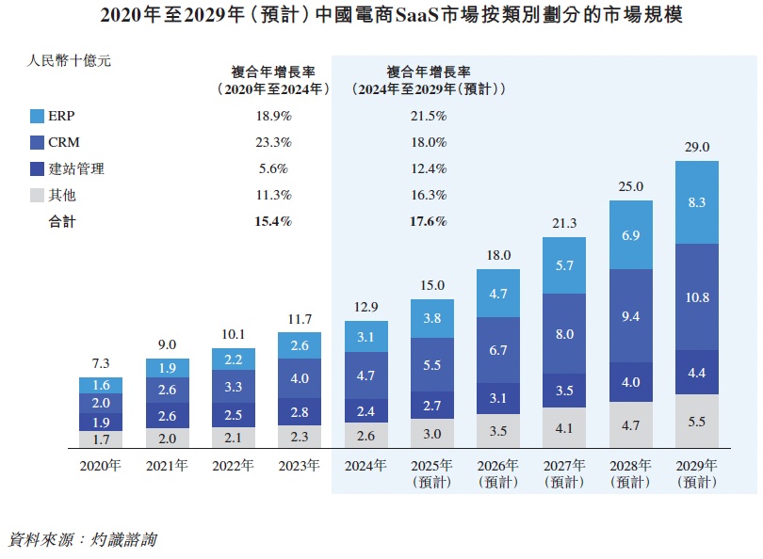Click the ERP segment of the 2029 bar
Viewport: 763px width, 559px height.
(697, 201)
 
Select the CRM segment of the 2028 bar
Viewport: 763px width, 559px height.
(631, 316)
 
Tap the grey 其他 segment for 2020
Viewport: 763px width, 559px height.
(99, 439)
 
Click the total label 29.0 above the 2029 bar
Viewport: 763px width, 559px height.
(697, 148)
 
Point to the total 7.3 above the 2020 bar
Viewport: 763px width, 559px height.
(99, 364)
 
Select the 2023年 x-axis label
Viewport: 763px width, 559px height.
(299, 465)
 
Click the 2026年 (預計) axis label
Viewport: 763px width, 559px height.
(497, 472)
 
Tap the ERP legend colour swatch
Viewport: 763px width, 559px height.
(38, 117)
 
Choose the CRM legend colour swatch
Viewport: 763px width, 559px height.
(38, 143)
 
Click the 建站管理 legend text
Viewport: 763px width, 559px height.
(76, 169)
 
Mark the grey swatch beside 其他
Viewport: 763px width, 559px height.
(38, 196)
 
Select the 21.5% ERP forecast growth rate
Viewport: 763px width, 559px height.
(429, 117)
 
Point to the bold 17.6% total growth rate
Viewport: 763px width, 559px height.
(429, 222)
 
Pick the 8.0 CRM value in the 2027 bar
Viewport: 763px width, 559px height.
(564, 334)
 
